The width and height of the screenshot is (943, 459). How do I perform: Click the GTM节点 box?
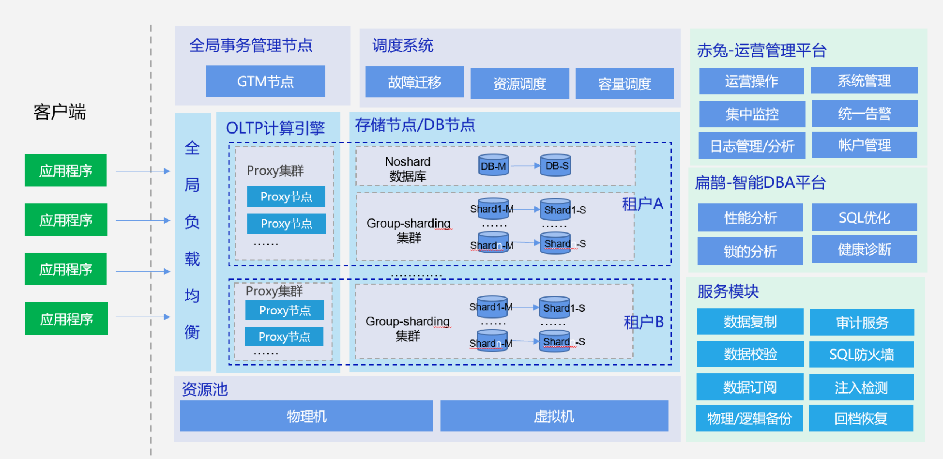(265, 81)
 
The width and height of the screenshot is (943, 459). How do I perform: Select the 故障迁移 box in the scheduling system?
(414, 82)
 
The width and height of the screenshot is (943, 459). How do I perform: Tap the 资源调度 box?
(520, 83)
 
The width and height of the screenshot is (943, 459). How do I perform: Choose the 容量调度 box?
(625, 83)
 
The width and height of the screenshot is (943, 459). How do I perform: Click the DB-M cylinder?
(494, 165)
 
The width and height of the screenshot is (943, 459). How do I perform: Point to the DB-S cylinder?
(556, 165)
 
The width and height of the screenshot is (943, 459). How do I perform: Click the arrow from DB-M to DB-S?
(525, 166)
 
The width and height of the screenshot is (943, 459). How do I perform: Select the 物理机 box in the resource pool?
(306, 416)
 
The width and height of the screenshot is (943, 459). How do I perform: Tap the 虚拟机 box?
(554, 416)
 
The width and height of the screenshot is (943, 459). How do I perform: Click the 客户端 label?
(59, 112)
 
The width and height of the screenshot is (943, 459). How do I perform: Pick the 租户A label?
(642, 204)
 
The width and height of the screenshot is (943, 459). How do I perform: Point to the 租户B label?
(644, 322)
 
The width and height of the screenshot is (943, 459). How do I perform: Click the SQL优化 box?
(864, 217)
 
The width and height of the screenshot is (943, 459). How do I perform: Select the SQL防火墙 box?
(861, 355)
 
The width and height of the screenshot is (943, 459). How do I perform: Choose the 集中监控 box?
(752, 114)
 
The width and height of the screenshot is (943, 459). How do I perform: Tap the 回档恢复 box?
(861, 418)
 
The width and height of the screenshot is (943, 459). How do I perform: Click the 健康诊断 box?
(864, 249)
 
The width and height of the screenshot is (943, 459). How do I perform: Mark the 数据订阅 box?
(750, 387)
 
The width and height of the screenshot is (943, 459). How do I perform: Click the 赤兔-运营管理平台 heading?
(762, 50)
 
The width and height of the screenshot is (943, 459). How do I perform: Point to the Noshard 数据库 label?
(408, 169)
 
